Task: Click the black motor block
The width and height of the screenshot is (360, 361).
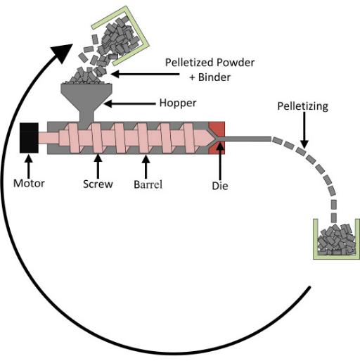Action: pyautogui.click(x=29, y=138)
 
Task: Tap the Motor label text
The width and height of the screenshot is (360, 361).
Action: pyautogui.click(x=29, y=184)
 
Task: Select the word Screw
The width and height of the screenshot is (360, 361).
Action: pyautogui.click(x=98, y=184)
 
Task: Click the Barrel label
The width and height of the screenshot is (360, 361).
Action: pyautogui.click(x=148, y=184)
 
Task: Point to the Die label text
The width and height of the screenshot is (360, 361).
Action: pyautogui.click(x=220, y=186)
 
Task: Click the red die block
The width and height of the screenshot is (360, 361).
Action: pyautogui.click(x=217, y=138)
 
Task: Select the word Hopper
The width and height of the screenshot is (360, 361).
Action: pyautogui.click(x=178, y=103)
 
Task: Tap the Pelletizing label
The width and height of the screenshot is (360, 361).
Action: pyautogui.click(x=303, y=106)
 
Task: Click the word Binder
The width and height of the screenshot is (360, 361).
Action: pyautogui.click(x=214, y=77)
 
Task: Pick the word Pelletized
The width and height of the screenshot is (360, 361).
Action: pyautogui.click(x=189, y=63)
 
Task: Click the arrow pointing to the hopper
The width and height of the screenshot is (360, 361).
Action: pyautogui.click(x=129, y=103)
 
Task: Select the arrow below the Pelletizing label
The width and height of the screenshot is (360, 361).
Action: pyautogui.click(x=304, y=130)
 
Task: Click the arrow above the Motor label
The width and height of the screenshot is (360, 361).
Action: pyautogui.click(x=29, y=167)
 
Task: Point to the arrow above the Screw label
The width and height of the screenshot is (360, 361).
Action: pyautogui.click(x=98, y=167)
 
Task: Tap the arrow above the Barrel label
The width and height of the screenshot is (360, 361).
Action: pyautogui.click(x=146, y=167)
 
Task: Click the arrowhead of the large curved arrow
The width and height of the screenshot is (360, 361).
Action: pyautogui.click(x=63, y=52)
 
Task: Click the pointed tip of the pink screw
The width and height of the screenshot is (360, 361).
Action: pyautogui.click(x=214, y=138)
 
